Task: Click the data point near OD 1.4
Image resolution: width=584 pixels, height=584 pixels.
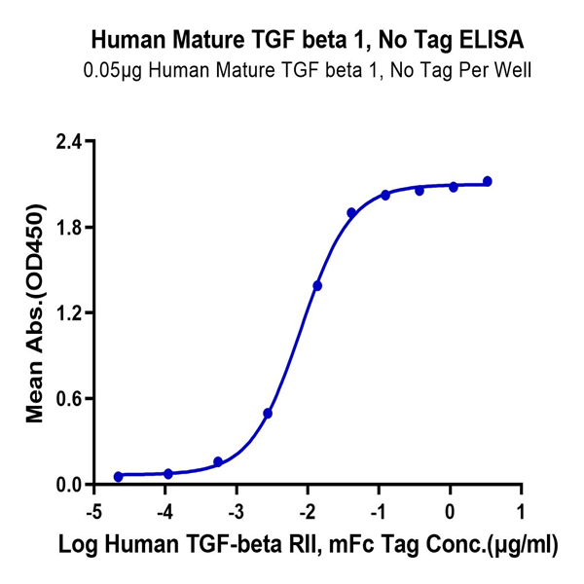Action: (317, 285)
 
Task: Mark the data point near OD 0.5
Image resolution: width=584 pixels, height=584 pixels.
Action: (268, 414)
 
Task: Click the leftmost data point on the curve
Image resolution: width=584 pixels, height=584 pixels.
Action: (119, 477)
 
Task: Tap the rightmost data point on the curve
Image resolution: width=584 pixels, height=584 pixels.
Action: (488, 181)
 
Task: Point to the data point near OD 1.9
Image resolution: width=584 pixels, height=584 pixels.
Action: (351, 212)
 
